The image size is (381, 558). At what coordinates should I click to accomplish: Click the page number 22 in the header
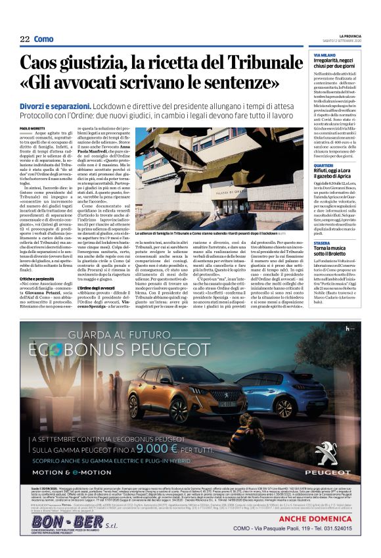[25, 39]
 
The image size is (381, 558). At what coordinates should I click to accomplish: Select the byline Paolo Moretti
[32, 128]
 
